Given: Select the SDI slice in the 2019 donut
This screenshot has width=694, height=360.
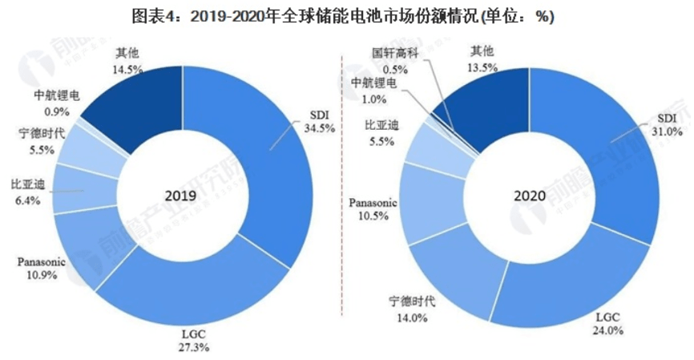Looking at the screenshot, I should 256,160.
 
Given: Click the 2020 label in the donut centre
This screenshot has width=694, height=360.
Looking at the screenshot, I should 531,195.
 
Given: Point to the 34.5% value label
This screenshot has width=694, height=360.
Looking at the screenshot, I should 314,127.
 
